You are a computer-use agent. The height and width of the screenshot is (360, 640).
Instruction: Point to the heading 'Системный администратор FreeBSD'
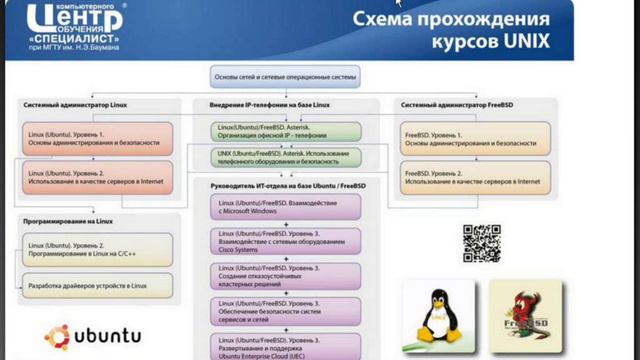pos(458,104)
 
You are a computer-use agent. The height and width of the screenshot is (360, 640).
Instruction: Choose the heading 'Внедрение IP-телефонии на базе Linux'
pos(271,104)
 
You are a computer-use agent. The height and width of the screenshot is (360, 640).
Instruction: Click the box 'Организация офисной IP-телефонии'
pos(283,131)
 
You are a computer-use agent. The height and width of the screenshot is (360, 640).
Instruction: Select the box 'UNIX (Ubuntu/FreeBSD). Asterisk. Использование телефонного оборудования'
pos(283,158)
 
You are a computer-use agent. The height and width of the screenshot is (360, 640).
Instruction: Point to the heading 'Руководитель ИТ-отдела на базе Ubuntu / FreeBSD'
pos(290,187)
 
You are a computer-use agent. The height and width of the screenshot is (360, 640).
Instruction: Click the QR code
pos(480,243)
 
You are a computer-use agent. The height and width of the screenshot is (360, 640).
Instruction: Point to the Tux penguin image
pos(437,312)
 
